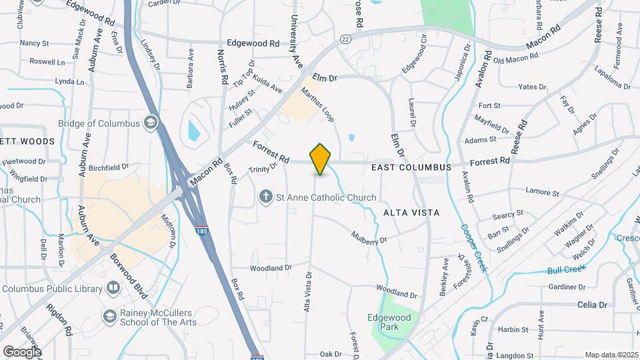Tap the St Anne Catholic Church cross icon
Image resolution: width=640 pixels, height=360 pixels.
click(x=265, y=197)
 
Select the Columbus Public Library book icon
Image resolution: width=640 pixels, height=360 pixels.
click(x=113, y=289)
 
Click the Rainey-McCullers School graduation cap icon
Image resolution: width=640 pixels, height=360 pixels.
click(x=109, y=313)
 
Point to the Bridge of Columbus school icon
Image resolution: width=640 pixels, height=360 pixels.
click(x=151, y=123)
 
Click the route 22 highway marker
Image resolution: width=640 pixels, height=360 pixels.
click(x=345, y=39)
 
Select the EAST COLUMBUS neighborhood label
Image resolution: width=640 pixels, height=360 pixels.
click(x=411, y=167)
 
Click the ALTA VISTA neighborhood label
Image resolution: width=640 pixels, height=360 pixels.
click(x=411, y=212)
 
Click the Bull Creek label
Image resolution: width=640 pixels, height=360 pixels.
click(x=567, y=269)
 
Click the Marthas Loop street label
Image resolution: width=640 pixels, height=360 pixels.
click(x=317, y=104)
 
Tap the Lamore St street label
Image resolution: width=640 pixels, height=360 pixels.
click(x=542, y=193)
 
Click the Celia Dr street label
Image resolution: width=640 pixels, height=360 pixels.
click(x=592, y=305)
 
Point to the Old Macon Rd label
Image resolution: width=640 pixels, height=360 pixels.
click(x=515, y=59)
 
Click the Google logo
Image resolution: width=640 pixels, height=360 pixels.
click(x=22, y=351)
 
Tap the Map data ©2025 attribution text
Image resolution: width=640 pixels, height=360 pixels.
click(x=611, y=355)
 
